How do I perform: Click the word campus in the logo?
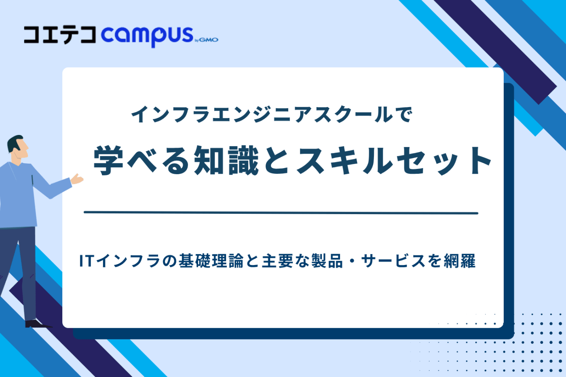147,36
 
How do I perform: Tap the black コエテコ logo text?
60,35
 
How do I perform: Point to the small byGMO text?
207,40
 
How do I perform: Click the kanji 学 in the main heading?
109,160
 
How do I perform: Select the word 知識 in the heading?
226,160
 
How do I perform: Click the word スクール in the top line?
354,115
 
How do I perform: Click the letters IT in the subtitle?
86,261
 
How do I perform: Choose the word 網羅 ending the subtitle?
459,261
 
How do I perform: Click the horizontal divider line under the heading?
281,213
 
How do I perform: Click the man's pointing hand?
77,179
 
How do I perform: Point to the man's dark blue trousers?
24,267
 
